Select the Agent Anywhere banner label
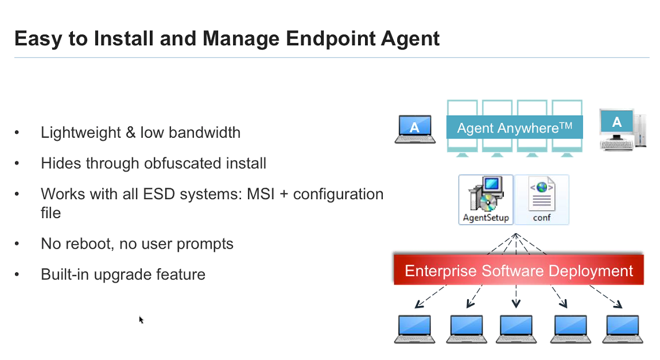click(x=514, y=127)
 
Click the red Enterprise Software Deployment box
click(x=519, y=270)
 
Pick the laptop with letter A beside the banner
click(x=415, y=129)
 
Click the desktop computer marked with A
click(x=622, y=129)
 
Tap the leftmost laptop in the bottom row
click(x=414, y=329)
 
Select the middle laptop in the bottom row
click(x=517, y=329)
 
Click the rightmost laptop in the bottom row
click(x=622, y=329)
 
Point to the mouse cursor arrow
click(x=141, y=319)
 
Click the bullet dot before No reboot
click(x=17, y=244)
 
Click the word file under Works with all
click(x=51, y=213)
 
